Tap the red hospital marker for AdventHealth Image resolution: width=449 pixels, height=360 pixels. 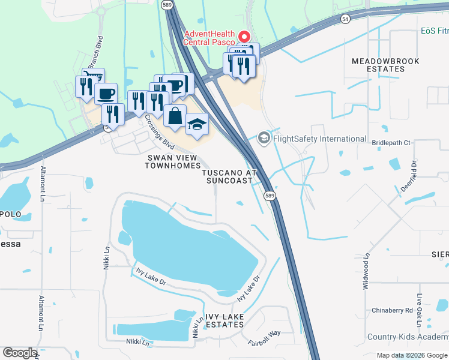tap(244, 36)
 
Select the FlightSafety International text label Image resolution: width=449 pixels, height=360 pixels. tap(319, 139)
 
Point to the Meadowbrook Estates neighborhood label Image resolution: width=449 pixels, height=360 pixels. tap(385, 65)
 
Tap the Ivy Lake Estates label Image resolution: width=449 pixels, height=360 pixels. tap(216, 324)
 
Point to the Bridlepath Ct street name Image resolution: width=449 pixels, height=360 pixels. tap(391, 143)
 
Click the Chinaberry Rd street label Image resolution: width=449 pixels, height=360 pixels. tap(392, 310)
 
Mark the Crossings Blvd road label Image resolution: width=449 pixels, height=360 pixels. tap(159, 136)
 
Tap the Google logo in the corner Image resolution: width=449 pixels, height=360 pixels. tap(20, 353)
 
